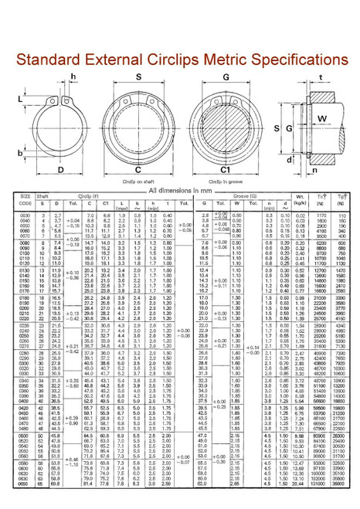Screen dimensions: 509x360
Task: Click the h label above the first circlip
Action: pyautogui.click(x=73, y=74)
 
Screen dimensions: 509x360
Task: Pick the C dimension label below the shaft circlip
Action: pyautogui.click(x=137, y=169)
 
